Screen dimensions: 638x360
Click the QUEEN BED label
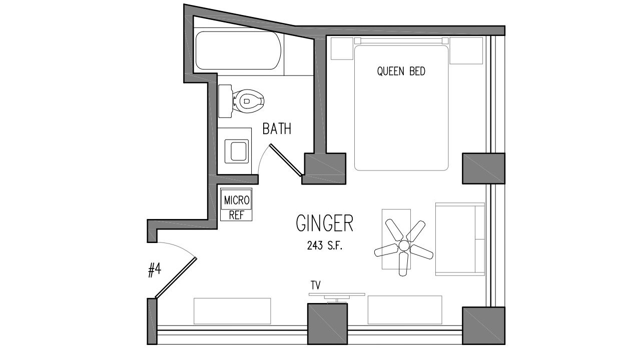pos(401,71)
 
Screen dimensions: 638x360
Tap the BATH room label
pos(277,129)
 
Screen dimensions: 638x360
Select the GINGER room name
pos(325,223)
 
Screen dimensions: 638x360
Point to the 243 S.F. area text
pos(324,245)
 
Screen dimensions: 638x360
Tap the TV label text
pos(316,285)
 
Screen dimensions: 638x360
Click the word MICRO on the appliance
pos(237,200)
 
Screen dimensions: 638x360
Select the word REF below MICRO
pos(236,215)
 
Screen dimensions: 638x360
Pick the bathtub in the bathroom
pos(238,50)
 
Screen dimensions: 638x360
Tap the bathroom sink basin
pos(236,151)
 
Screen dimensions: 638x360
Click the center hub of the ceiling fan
pos(404,245)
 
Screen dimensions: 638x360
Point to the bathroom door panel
pos(285,160)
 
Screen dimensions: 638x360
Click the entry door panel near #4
pos(176,278)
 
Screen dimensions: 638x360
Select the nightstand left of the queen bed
pos(342,48)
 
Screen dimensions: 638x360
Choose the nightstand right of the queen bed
pos(466,50)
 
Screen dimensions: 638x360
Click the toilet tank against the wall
pos(225,101)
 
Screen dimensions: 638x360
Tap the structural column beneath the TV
pos(328,324)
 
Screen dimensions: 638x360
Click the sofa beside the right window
pos(460,239)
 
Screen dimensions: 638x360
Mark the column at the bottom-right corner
pos(483,325)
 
